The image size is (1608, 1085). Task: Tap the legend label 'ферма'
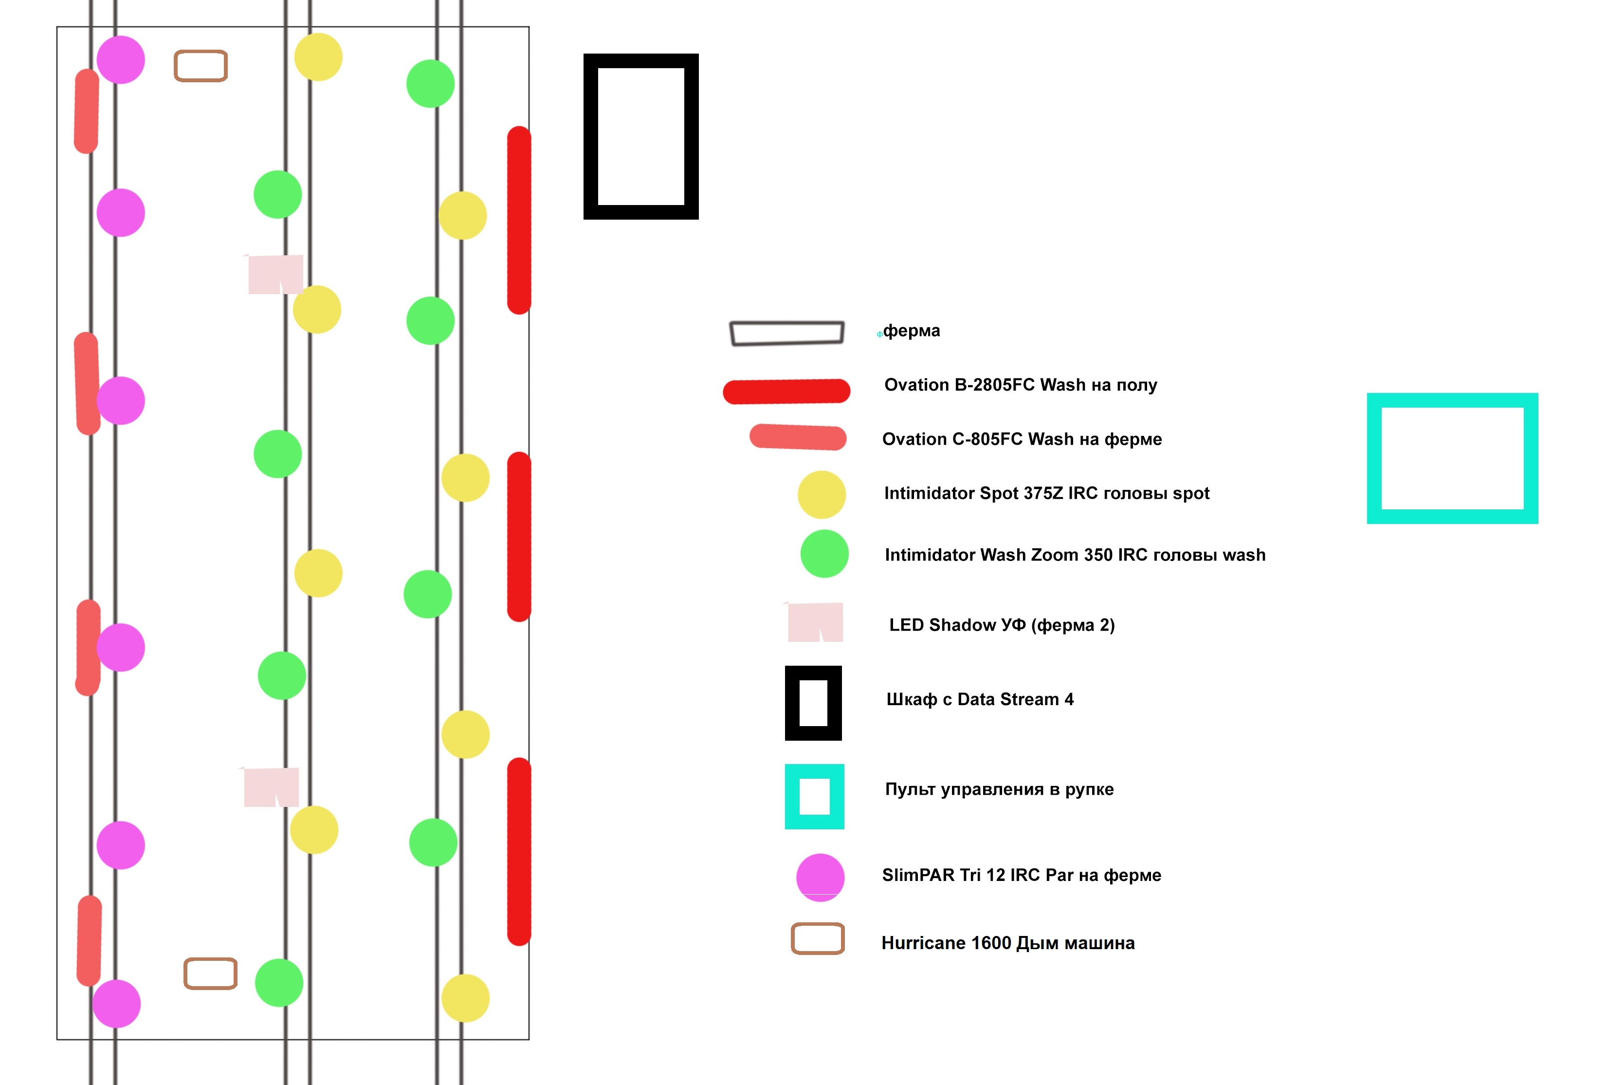pos(911,331)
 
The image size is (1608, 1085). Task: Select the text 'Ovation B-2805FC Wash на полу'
pos(1020,385)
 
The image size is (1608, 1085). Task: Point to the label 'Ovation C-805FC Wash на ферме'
pos(1022,439)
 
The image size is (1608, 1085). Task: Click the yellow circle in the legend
pos(821,495)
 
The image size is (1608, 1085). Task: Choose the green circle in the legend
pos(824,554)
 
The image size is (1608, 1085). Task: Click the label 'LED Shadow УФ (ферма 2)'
pos(1002,625)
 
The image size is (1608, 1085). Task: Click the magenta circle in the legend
pos(820,877)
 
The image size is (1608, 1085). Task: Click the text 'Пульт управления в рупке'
pos(999,789)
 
